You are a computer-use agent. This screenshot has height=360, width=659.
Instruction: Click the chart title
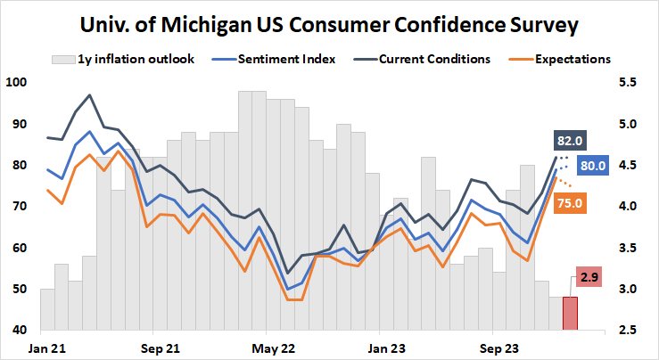coord(329,24)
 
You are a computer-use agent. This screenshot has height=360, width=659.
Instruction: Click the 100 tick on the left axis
coord(17,82)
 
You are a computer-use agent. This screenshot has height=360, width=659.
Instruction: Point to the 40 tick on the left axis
coord(20,331)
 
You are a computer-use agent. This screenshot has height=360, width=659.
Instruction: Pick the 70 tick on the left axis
coord(20,206)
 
